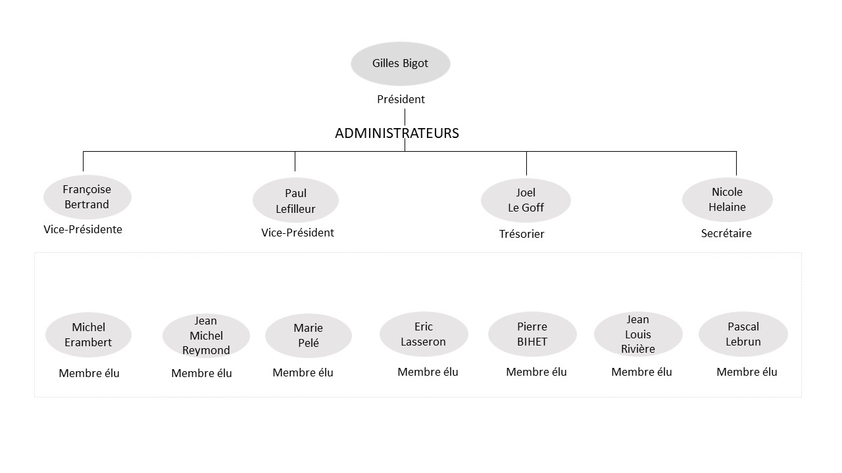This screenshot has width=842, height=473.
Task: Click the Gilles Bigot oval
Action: point(401,64)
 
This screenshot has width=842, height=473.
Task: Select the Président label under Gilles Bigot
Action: point(401,99)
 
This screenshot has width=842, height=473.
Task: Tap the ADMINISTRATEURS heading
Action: point(397,133)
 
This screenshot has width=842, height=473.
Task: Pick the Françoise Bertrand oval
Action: point(87,197)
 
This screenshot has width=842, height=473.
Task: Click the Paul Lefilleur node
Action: point(295,200)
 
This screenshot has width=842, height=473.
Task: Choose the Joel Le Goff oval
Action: point(526,200)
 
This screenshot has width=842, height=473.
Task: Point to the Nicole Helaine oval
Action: point(728,200)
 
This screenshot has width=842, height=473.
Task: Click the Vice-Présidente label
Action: point(83,229)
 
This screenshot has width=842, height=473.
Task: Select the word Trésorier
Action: point(522,234)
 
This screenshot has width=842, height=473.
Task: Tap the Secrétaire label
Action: point(726,233)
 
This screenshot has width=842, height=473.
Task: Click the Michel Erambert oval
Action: point(88,335)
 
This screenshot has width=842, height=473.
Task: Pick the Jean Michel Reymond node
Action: point(206,336)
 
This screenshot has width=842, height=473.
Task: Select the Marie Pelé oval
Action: point(309,336)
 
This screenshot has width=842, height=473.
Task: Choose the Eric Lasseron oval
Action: point(424,334)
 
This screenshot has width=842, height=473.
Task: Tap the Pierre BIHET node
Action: point(532,334)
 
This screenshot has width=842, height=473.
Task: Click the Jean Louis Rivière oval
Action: point(638,334)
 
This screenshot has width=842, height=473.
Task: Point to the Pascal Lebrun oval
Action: point(743,334)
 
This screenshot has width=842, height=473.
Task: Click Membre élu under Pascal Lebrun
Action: point(747,372)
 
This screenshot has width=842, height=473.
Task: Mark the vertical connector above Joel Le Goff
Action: point(526,164)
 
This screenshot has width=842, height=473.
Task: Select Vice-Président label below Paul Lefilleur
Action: point(297,233)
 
